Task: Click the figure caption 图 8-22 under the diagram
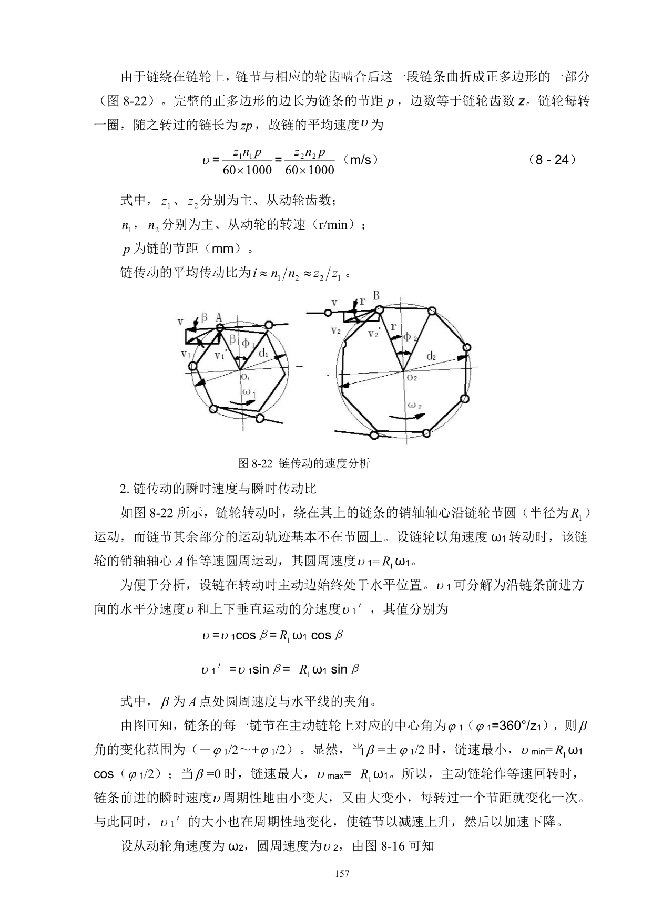click(304, 463)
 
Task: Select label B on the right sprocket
click(376, 296)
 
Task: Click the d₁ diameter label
click(263, 353)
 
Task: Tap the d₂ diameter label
click(431, 356)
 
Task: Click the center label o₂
click(412, 377)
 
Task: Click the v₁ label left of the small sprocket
click(186, 355)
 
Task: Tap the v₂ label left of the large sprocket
click(335, 330)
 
